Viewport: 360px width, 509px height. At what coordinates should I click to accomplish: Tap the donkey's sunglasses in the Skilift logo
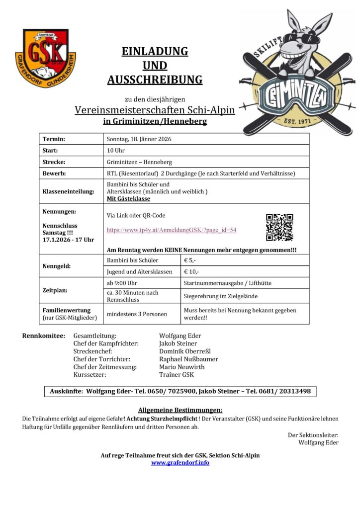tap(298, 37)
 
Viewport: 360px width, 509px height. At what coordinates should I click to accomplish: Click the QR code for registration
tap(279, 227)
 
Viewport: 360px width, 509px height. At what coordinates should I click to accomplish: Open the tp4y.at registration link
tap(171, 230)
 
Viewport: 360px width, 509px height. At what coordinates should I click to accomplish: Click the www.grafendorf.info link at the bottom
tap(180, 462)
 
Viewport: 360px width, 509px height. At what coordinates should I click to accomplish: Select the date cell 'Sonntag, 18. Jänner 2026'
tap(139, 139)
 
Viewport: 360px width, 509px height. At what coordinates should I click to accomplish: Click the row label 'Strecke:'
tap(55, 162)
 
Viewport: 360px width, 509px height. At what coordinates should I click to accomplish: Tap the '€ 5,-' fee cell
tap(190, 260)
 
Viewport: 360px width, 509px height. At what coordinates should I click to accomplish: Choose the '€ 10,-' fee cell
tap(192, 272)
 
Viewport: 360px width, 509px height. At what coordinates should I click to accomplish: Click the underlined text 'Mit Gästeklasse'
tap(128, 198)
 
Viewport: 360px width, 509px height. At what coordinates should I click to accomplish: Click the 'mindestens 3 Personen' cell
tap(137, 314)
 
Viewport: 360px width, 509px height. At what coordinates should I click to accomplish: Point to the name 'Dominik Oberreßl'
tap(185, 351)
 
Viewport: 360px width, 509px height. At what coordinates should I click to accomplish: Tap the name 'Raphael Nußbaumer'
tap(188, 359)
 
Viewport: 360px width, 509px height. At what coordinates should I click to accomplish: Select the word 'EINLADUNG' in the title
tap(155, 51)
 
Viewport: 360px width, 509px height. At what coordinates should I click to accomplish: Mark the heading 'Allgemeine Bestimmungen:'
tap(180, 410)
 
